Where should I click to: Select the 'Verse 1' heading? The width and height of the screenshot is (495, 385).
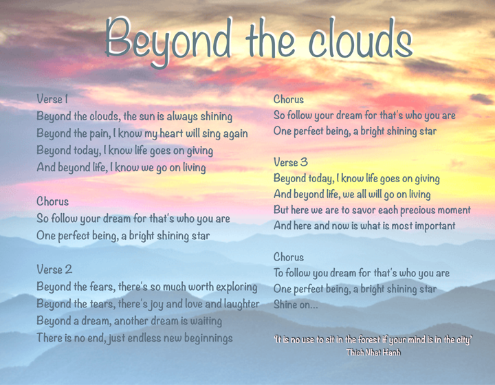click(52, 100)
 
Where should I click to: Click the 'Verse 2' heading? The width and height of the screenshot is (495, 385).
click(54, 269)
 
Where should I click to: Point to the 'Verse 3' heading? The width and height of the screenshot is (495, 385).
click(291, 163)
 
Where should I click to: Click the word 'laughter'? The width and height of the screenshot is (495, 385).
click(237, 304)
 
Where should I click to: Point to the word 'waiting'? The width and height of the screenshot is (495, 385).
click(202, 321)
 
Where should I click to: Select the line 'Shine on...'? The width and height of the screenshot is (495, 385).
click(296, 305)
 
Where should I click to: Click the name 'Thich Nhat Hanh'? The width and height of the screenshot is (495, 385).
click(374, 352)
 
